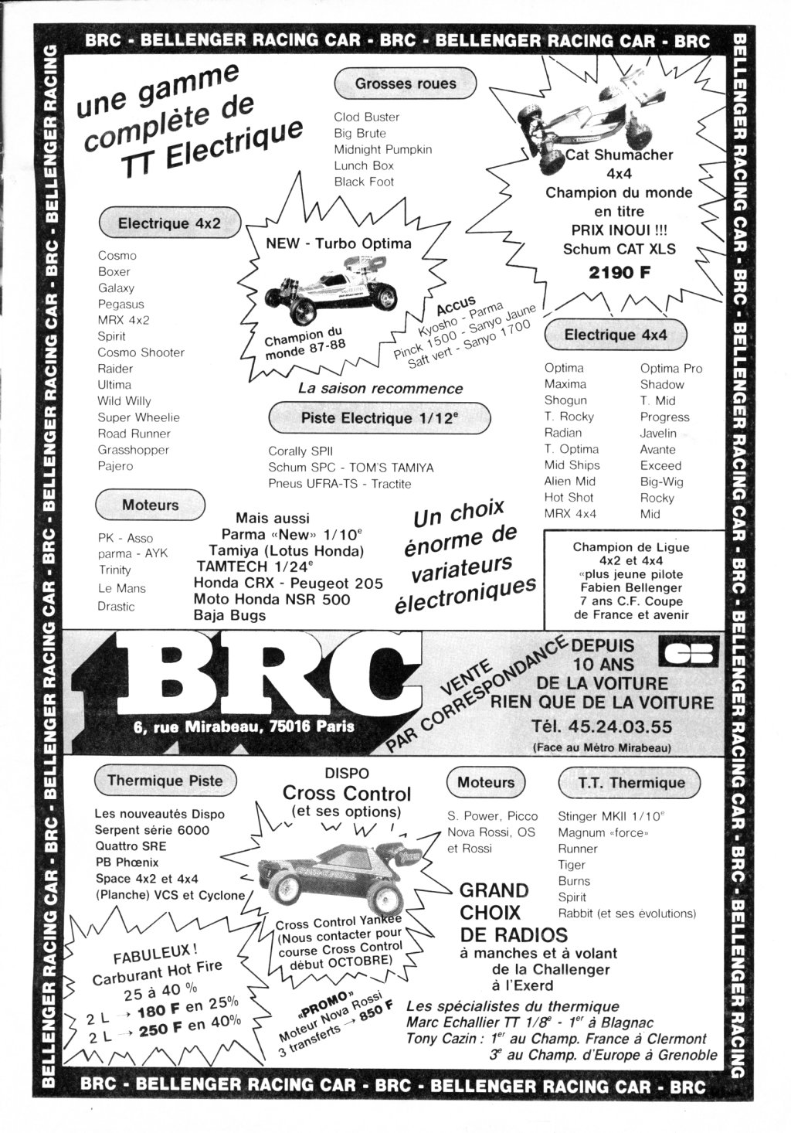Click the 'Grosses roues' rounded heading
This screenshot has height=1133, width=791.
point(406,84)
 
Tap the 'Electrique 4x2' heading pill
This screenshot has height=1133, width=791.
point(169,223)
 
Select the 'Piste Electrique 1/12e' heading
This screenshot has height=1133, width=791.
point(379,418)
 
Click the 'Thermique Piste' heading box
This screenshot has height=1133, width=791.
point(165,780)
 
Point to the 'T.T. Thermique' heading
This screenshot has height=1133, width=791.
point(630,782)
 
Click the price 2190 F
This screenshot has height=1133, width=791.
point(620,273)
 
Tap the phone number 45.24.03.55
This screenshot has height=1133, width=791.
point(620,726)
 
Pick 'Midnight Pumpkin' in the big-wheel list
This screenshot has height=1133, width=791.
point(382,149)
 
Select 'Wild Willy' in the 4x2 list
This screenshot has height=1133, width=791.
point(124,401)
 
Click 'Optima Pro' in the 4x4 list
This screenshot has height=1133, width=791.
point(671,368)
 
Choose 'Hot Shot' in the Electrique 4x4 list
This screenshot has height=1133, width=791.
point(569,497)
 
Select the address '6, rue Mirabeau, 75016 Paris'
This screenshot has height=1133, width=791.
point(244,726)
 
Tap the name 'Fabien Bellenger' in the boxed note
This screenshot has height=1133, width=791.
point(631,587)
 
